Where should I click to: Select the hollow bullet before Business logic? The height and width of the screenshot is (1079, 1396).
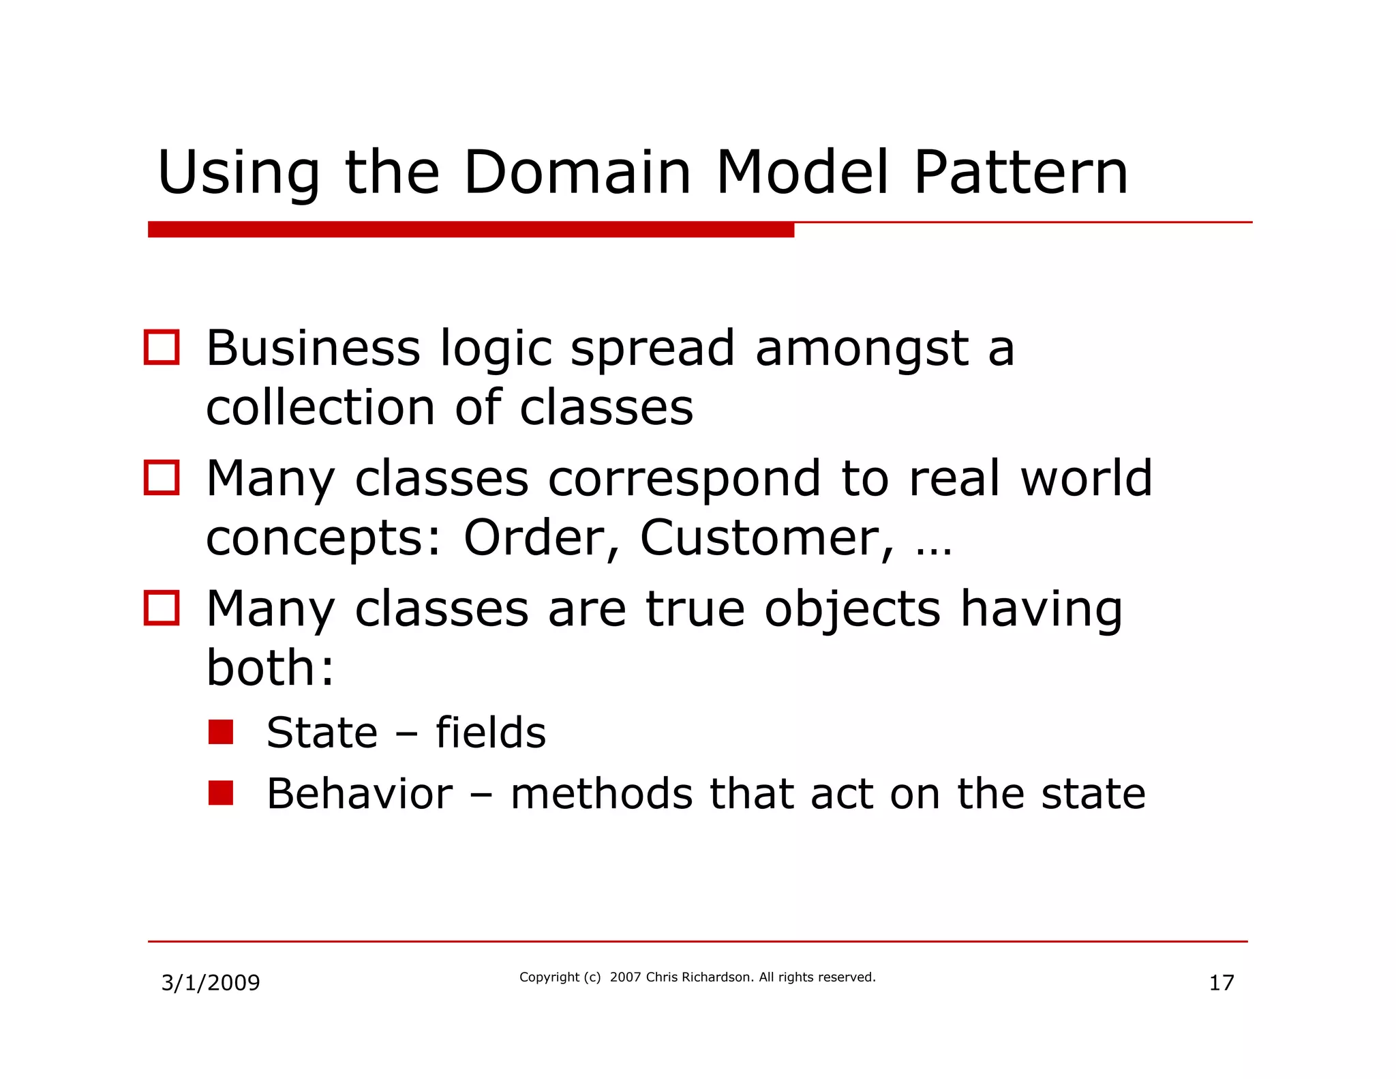pyautogui.click(x=162, y=347)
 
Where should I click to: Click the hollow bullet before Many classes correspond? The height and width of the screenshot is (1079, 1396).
pyautogui.click(x=162, y=477)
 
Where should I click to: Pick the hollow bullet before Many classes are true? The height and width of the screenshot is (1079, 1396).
pyautogui.click(x=162, y=607)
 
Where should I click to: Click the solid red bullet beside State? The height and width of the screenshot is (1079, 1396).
pyautogui.click(x=221, y=732)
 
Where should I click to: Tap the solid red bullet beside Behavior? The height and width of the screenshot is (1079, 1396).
pyautogui.click(x=221, y=793)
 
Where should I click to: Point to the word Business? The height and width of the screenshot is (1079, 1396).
pyautogui.click(x=313, y=349)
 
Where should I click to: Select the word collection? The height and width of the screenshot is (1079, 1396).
pyautogui.click(x=320, y=408)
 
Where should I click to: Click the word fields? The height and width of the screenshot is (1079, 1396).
pyautogui.click(x=491, y=733)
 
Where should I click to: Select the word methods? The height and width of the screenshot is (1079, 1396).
pyautogui.click(x=601, y=794)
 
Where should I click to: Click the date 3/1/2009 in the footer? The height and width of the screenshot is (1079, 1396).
pyautogui.click(x=210, y=983)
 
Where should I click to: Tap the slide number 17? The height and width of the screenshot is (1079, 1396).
pyautogui.click(x=1221, y=983)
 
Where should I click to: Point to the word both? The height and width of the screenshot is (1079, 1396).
pyautogui.click(x=270, y=668)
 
